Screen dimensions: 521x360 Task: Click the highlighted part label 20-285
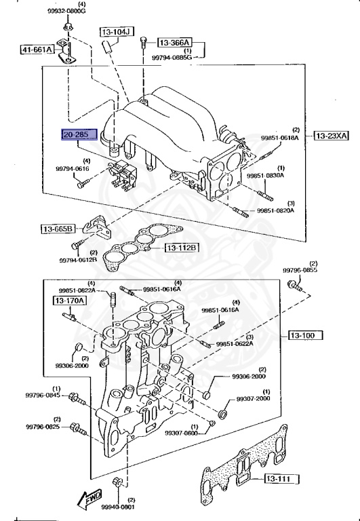click(x=79, y=136)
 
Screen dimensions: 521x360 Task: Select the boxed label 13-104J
click(x=118, y=31)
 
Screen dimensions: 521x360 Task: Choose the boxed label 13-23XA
click(x=331, y=136)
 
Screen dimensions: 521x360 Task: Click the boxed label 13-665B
click(x=56, y=229)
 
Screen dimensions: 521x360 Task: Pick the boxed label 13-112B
click(x=183, y=248)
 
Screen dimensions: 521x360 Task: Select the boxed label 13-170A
click(x=70, y=300)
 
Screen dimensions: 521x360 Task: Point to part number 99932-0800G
click(x=67, y=12)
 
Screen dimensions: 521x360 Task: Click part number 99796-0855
click(x=300, y=270)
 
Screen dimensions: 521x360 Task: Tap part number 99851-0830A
click(x=265, y=175)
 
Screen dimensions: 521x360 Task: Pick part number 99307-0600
click(x=182, y=433)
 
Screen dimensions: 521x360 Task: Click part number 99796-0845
click(x=43, y=395)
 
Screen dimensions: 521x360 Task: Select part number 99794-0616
click(x=73, y=168)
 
